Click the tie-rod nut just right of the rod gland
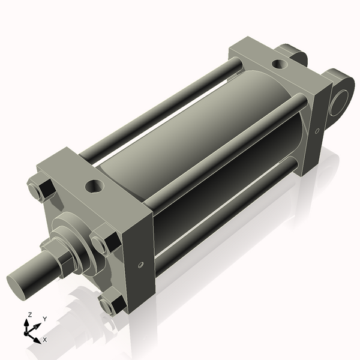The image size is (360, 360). [103, 242]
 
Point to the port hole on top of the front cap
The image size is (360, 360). [94, 186]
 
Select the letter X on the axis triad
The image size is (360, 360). [44, 340]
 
